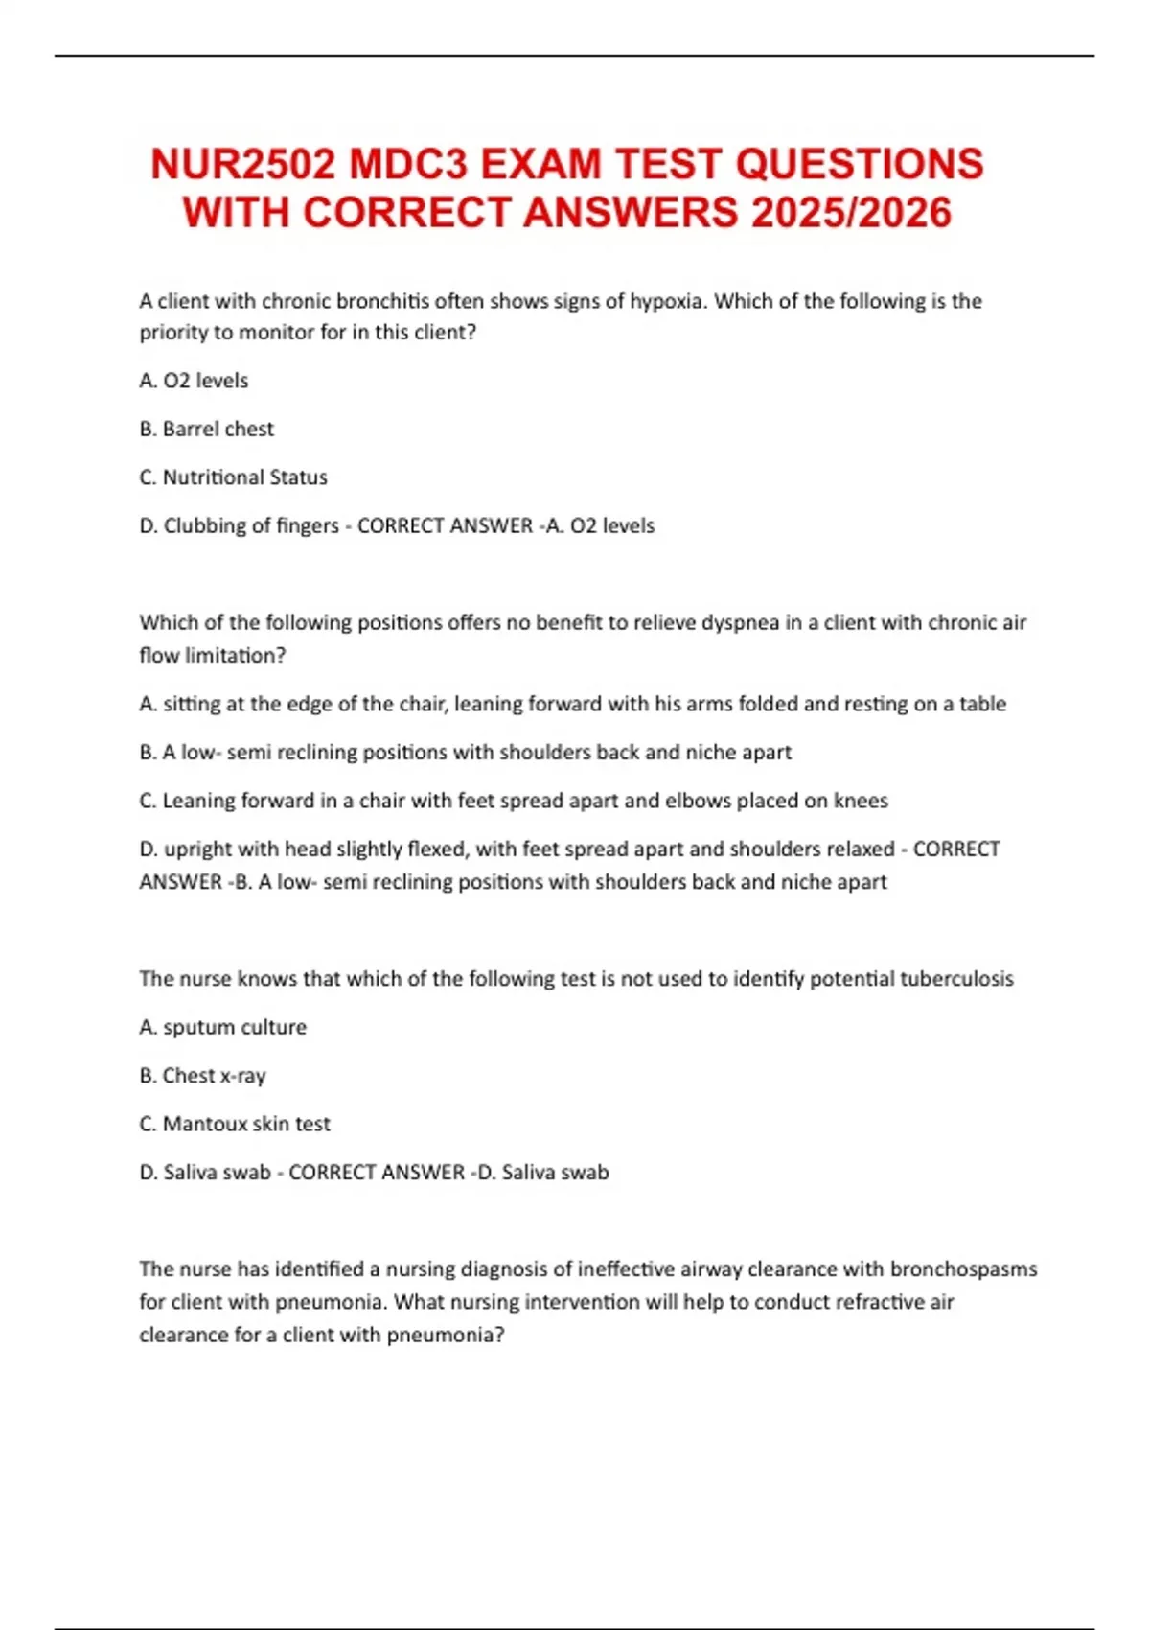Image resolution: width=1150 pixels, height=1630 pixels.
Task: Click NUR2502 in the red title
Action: [x=242, y=164]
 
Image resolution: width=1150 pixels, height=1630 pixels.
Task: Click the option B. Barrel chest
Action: [x=206, y=429]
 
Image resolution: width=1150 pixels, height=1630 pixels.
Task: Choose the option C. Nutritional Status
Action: [x=233, y=477]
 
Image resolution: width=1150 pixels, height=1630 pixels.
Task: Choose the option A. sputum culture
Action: [x=222, y=1027]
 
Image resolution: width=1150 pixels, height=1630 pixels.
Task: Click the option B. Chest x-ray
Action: [x=202, y=1076]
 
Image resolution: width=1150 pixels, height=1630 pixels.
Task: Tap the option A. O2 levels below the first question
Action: [x=194, y=381]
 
